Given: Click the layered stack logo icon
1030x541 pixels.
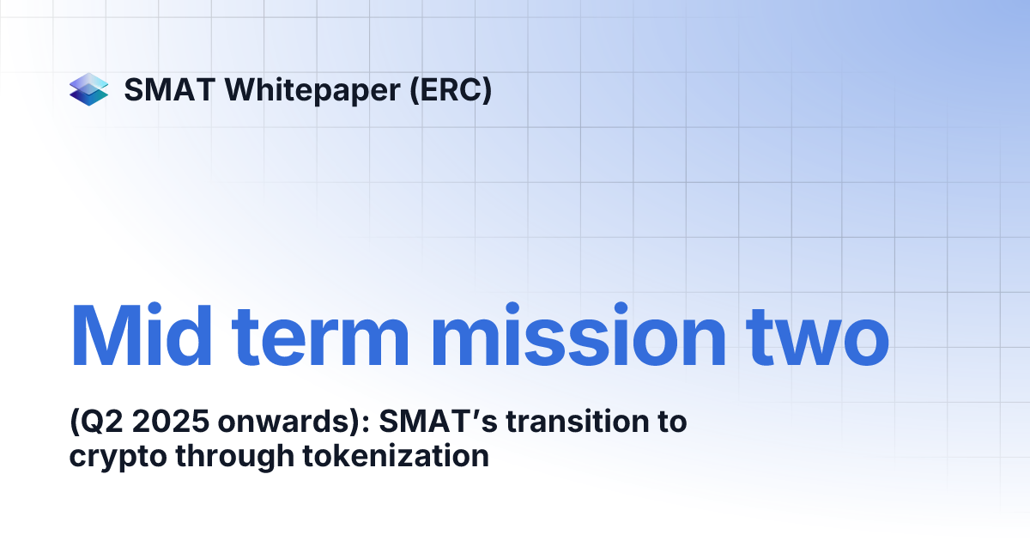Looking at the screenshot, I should click(x=89, y=89).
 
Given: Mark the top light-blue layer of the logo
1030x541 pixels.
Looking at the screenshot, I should click(x=89, y=81).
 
